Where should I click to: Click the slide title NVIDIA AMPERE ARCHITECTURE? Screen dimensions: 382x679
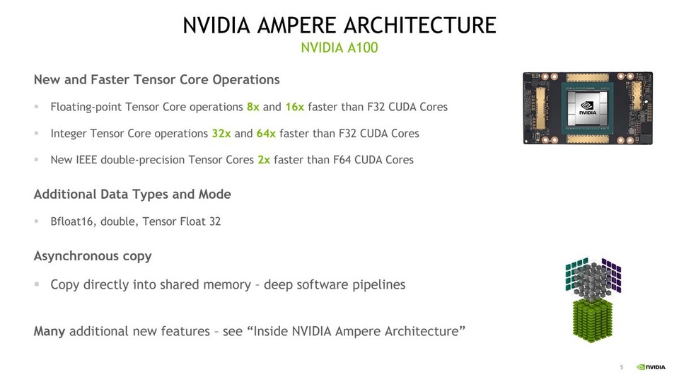[x=339, y=25]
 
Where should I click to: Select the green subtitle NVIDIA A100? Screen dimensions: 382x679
[x=339, y=48]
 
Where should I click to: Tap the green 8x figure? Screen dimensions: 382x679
[x=253, y=108]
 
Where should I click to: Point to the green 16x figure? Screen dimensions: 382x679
[x=295, y=108]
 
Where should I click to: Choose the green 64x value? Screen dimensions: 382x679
[x=267, y=134]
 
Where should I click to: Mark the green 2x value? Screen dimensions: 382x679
[x=264, y=160]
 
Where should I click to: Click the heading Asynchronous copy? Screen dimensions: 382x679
[x=93, y=256]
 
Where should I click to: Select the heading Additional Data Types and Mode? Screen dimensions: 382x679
[x=132, y=194]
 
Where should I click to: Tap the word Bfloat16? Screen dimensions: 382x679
[x=73, y=221]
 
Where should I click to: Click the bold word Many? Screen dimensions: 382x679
[x=50, y=331]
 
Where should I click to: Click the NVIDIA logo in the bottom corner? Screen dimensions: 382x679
[x=651, y=367]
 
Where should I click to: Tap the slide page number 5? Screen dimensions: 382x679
[x=622, y=367]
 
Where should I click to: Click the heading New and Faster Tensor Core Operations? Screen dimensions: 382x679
[x=156, y=80]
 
